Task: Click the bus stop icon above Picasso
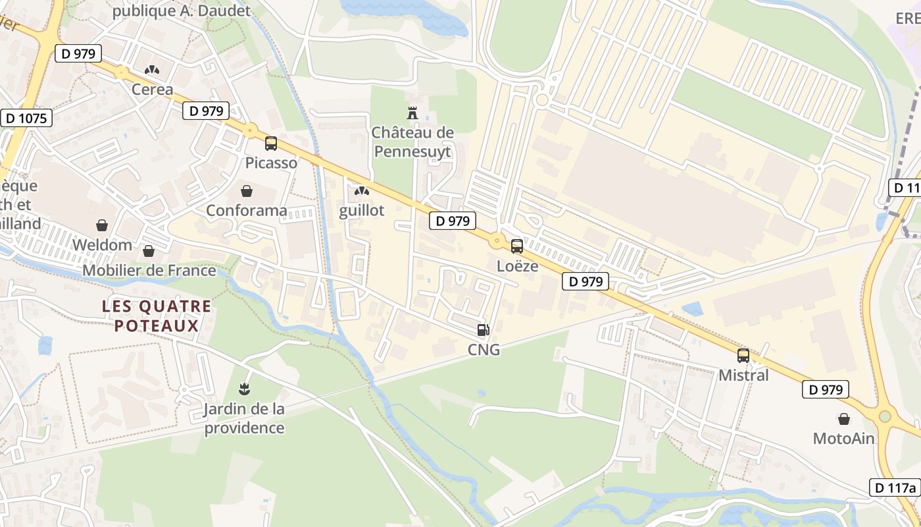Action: tap(270, 144)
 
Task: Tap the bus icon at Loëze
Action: tap(517, 246)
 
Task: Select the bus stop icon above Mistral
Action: tap(743, 356)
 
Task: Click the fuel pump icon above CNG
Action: tap(484, 330)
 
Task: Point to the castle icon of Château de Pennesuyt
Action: tap(412, 113)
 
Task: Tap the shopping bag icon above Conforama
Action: tap(247, 191)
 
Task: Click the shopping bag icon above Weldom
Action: tap(102, 226)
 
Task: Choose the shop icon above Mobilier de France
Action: tap(149, 251)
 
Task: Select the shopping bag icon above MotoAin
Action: tap(844, 419)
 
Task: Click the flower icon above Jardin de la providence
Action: tap(244, 389)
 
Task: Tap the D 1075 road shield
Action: tap(26, 119)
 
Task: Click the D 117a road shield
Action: tap(895, 487)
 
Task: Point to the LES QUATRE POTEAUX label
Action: tap(157, 316)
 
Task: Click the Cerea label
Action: tap(153, 90)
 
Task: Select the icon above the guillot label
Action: tap(361, 191)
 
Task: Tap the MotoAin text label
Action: tap(843, 439)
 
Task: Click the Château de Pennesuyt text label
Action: tap(412, 142)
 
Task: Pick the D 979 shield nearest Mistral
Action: tap(826, 389)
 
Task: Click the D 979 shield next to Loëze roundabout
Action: tap(453, 221)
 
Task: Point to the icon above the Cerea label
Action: tap(153, 70)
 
